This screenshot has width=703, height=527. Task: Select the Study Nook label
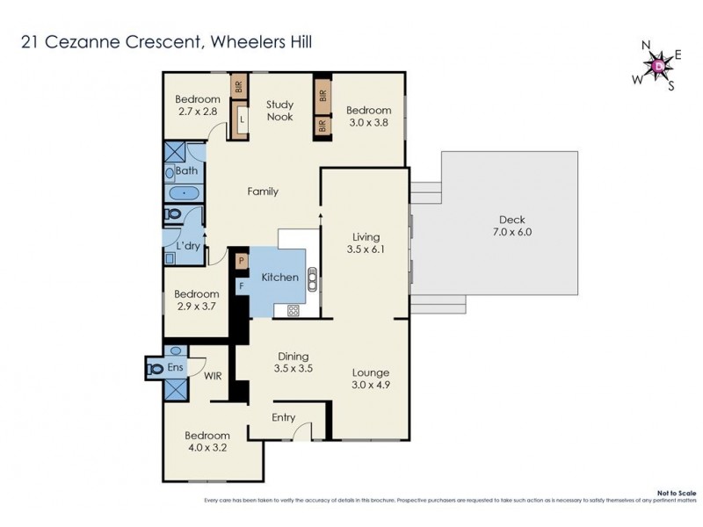click(279, 111)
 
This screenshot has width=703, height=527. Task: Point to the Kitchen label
click(280, 278)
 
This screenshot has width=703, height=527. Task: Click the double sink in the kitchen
click(312, 280)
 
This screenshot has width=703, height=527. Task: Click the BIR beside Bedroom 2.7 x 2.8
click(237, 87)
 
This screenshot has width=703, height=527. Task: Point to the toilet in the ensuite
click(156, 368)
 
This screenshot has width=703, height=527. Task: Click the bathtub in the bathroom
click(184, 192)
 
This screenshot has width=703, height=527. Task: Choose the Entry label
click(283, 418)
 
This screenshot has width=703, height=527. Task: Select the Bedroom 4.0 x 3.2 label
click(207, 441)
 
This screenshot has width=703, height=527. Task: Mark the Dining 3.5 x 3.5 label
click(293, 362)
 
